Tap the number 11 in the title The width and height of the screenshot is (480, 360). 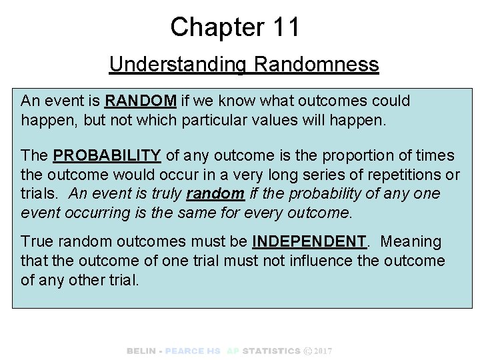pyautogui.click(x=286, y=27)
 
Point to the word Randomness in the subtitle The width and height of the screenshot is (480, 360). pyautogui.click(x=317, y=65)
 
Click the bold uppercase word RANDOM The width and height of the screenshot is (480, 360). pyautogui.click(x=141, y=101)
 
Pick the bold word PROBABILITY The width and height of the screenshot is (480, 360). pyautogui.click(x=107, y=156)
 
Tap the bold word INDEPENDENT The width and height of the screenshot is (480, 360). pyautogui.click(x=309, y=241)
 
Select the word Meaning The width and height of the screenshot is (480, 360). pyautogui.click(x=411, y=241)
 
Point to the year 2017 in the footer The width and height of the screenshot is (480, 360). pyautogui.click(x=323, y=351)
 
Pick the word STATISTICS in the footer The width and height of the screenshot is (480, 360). pyautogui.click(x=271, y=351)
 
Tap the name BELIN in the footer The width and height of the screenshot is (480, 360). pyautogui.click(x=141, y=351)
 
